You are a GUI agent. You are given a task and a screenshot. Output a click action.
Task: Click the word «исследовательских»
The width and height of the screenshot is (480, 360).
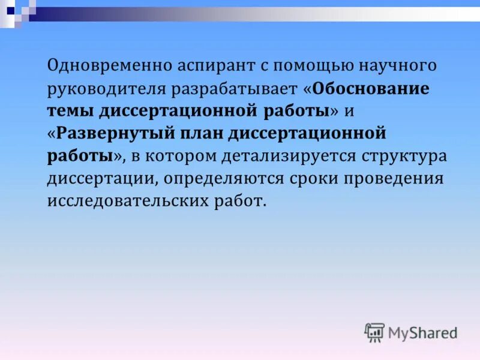(x=130, y=201)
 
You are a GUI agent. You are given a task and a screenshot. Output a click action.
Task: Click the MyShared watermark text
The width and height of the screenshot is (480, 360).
(x=422, y=332)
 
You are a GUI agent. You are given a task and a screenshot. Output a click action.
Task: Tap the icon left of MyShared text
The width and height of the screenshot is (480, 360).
(x=374, y=332)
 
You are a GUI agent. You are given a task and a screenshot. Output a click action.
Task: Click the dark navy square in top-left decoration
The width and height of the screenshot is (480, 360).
(x=10, y=10)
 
